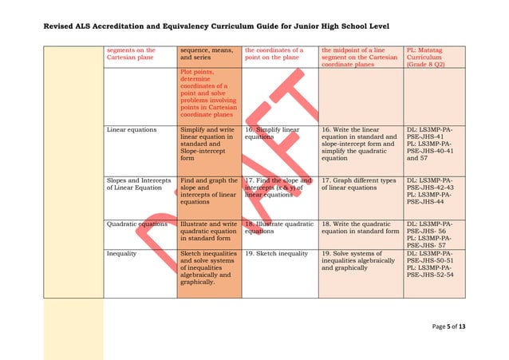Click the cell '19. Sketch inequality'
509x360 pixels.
coord(276,252)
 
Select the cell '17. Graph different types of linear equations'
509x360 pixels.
coord(358,184)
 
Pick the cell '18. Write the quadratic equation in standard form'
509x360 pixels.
coord(359,228)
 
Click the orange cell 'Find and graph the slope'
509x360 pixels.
coord(208,191)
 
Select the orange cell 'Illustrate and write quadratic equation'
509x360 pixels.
coord(208,231)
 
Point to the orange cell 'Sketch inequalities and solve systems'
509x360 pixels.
coord(208,266)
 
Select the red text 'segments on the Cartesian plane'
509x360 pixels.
coord(132,53)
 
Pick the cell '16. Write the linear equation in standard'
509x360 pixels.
coord(358,144)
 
